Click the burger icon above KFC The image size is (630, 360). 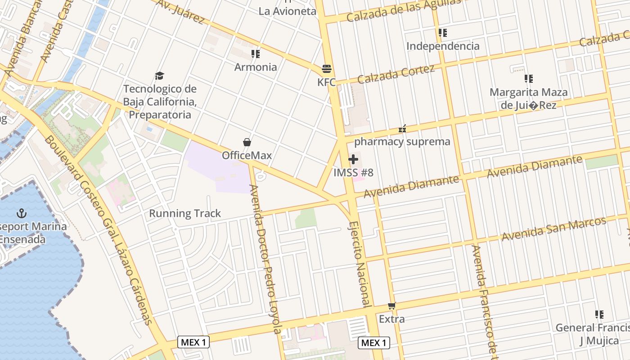pyautogui.click(x=327, y=69)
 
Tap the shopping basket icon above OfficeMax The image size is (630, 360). pyautogui.click(x=247, y=142)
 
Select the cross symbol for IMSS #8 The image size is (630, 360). pyautogui.click(x=353, y=159)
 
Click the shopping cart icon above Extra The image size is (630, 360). pyautogui.click(x=392, y=306)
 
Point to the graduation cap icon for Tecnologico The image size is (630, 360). pyautogui.click(x=159, y=76)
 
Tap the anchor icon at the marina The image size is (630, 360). pyautogui.click(x=21, y=213)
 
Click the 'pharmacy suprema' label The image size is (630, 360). pyautogui.click(x=402, y=142)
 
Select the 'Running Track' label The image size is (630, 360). pyautogui.click(x=185, y=213)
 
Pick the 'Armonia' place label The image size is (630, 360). pyautogui.click(x=256, y=67)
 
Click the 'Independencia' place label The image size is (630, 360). pyautogui.click(x=443, y=46)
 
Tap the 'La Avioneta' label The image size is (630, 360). pyautogui.click(x=287, y=11)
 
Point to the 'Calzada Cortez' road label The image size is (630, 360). pyautogui.click(x=396, y=74)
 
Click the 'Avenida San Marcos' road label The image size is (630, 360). pyautogui.click(x=554, y=229)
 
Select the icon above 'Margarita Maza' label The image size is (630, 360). pyautogui.click(x=528, y=79)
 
